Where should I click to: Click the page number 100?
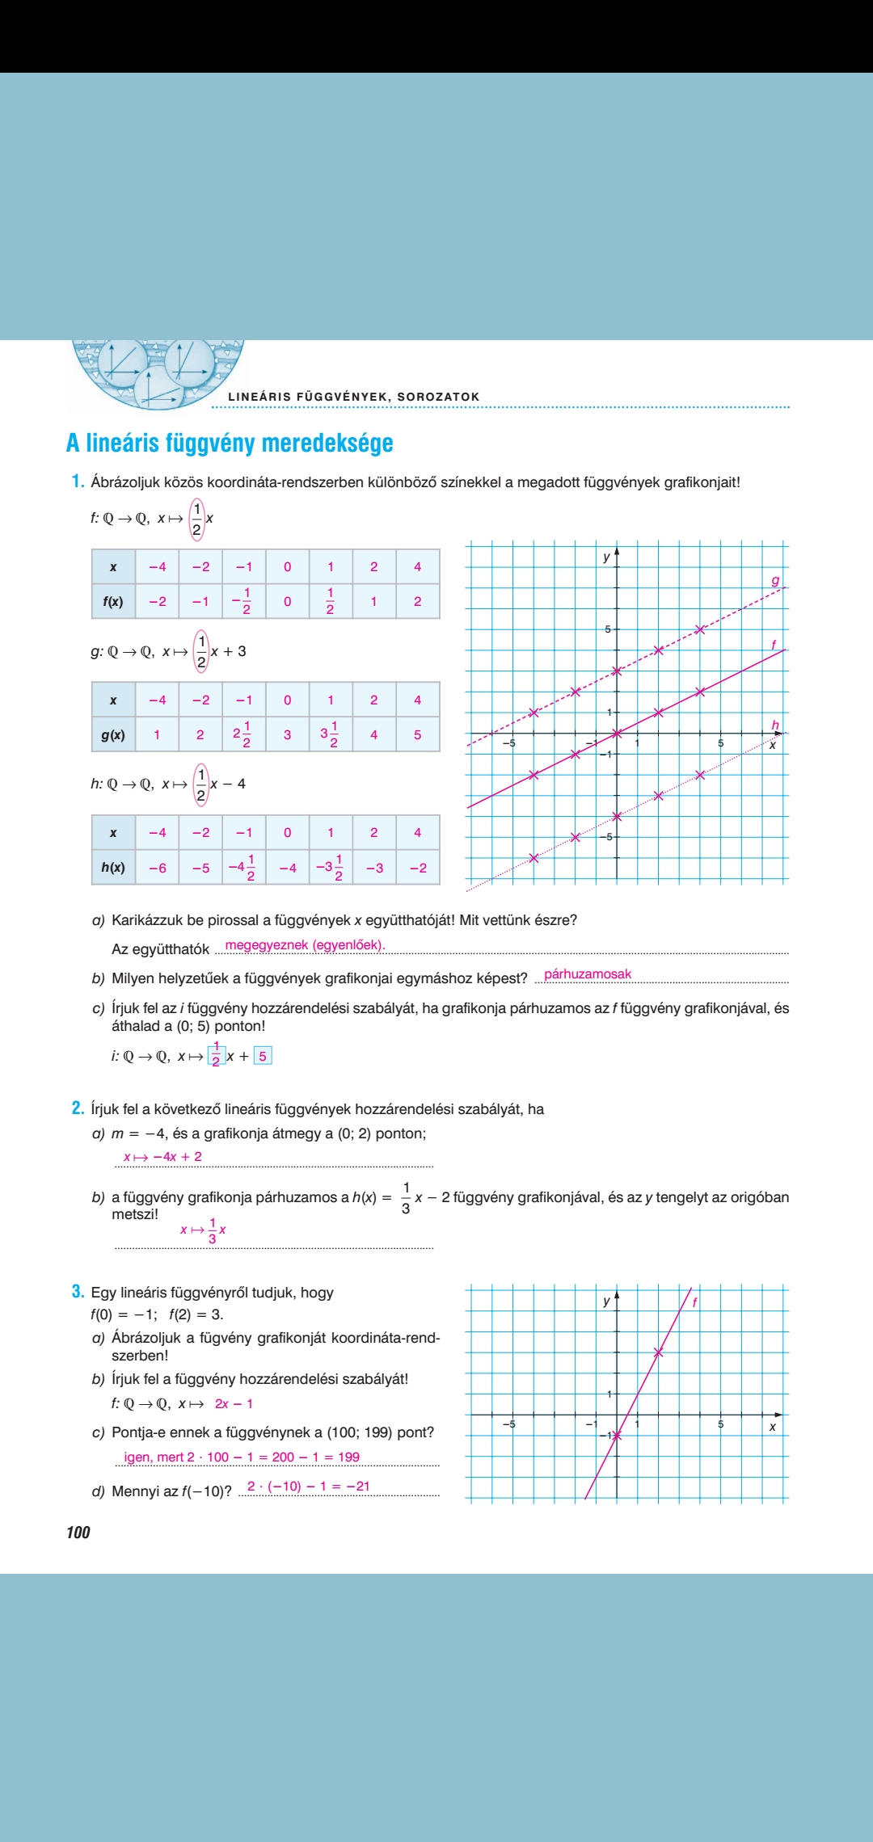point(78,1533)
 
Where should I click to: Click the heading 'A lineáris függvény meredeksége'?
point(230,443)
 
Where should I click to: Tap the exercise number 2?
point(78,1108)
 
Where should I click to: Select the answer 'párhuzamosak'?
point(588,974)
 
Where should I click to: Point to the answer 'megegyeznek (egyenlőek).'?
point(305,945)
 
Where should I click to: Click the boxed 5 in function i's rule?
point(263,1056)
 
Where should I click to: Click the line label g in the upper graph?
point(775,580)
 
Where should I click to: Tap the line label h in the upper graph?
point(775,725)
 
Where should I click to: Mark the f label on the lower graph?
point(694,1302)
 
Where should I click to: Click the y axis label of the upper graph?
point(606,557)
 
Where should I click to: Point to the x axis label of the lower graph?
point(773,1427)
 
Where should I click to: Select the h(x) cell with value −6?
point(158,868)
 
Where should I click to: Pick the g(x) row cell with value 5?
point(417,734)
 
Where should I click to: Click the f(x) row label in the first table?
point(113,601)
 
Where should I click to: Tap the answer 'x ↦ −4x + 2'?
point(162,1157)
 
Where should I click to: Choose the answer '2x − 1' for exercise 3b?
point(234,1404)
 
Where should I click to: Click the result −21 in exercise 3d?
point(357,1486)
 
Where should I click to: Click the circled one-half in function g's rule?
point(201,651)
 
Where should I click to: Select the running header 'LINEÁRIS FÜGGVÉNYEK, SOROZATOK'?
point(354,397)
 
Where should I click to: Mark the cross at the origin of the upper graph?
point(617,733)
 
